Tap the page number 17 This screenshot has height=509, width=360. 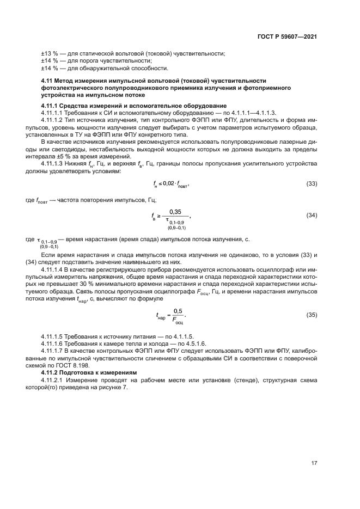[314, 463]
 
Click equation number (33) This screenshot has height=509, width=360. [312, 184]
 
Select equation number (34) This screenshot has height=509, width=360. [312, 216]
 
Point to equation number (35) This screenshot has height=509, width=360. [312, 315]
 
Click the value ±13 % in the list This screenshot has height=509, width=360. [50, 53]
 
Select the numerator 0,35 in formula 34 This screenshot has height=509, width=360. [175, 211]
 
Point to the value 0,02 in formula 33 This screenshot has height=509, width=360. [172, 184]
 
